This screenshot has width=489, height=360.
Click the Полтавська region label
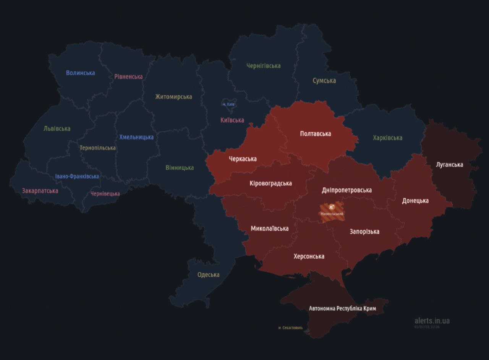(316, 134)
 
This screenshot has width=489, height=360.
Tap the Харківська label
(387, 138)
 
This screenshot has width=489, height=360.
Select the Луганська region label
(449, 165)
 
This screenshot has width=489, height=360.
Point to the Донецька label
(415, 201)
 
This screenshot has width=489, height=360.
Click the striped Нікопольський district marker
(332, 209)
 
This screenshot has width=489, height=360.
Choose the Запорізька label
(364, 232)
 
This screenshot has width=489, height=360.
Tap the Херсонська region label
(309, 256)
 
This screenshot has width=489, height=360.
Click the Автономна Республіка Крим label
(342, 308)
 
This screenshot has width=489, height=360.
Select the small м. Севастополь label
(290, 328)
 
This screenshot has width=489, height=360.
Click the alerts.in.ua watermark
(432, 321)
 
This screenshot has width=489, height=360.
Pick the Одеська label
(208, 275)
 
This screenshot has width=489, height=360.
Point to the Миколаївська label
(269, 229)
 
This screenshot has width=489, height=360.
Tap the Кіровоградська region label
(270, 183)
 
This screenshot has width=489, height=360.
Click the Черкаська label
(243, 159)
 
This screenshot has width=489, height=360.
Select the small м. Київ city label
(228, 104)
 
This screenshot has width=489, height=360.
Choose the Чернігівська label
(263, 66)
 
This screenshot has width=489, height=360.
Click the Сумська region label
(324, 81)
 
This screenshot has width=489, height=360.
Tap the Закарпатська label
(40, 191)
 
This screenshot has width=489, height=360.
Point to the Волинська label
(80, 73)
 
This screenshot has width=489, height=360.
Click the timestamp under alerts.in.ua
(427, 327)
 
